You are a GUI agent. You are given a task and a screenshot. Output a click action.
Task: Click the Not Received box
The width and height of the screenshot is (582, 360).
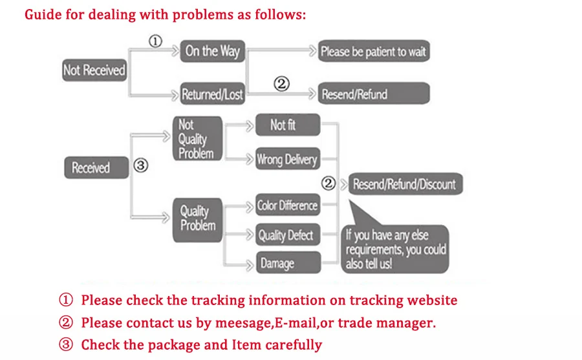click(94, 70)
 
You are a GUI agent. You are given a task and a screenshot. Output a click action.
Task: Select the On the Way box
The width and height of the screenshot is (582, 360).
click(212, 51)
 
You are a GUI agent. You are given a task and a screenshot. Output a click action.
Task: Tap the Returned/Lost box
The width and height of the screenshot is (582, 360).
click(212, 94)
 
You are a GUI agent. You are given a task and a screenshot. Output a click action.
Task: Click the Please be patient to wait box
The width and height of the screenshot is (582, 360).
click(373, 52)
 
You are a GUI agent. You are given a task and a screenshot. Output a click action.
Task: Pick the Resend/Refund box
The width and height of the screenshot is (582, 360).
click(373, 94)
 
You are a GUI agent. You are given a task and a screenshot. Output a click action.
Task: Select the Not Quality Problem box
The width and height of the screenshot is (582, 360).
click(197, 138)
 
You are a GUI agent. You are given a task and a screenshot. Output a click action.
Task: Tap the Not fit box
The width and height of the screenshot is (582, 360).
click(287, 125)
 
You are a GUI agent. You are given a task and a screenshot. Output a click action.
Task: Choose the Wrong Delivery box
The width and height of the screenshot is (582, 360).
click(287, 158)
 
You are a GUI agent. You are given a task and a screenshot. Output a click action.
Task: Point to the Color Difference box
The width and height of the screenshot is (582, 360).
click(287, 206)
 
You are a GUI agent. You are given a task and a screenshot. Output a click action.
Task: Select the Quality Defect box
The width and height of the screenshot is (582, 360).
click(287, 235)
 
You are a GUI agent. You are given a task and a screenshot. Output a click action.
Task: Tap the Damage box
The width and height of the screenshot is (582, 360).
click(287, 262)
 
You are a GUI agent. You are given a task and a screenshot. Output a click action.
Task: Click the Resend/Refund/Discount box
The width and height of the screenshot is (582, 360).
click(404, 184)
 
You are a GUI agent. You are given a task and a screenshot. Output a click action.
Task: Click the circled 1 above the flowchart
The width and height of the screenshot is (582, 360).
click(155, 41)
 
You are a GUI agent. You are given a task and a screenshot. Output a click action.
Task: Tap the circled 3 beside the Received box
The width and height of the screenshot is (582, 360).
click(140, 165)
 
